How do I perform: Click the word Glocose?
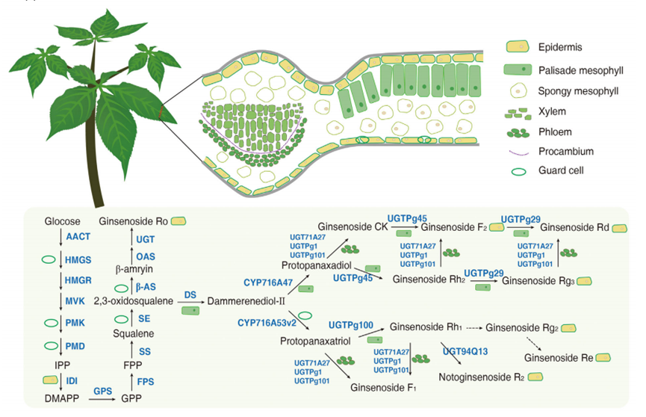(x=62, y=222)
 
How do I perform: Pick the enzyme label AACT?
(x=78, y=237)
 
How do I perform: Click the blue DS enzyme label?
(x=190, y=295)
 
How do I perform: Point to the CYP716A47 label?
(x=268, y=282)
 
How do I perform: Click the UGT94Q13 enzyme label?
(x=466, y=350)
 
